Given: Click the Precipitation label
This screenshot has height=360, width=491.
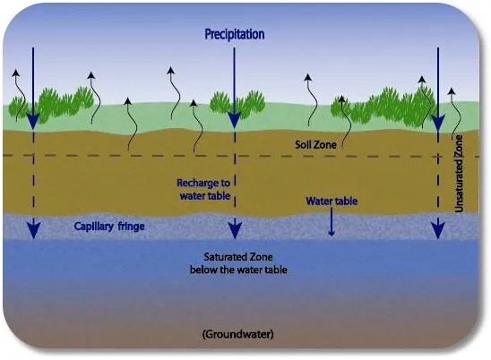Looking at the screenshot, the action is pyautogui.click(x=235, y=34).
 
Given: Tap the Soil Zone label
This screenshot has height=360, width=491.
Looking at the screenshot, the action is pyautogui.click(x=315, y=144).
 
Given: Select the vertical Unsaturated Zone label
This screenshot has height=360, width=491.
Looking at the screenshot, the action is pyautogui.click(x=459, y=174).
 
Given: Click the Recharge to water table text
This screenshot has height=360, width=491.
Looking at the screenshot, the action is pyautogui.click(x=204, y=189).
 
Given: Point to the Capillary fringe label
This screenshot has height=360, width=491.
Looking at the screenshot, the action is pyautogui.click(x=109, y=227).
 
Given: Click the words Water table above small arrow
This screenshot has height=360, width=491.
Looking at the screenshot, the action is pyautogui.click(x=332, y=201).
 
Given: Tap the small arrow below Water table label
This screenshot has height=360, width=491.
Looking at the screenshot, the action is pyautogui.click(x=332, y=221).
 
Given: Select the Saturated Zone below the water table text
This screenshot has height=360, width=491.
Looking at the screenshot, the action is pyautogui.click(x=238, y=263).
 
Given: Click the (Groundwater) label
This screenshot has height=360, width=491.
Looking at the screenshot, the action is pyautogui.click(x=238, y=334).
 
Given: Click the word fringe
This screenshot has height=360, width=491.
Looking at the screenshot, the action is pyautogui.click(x=131, y=227).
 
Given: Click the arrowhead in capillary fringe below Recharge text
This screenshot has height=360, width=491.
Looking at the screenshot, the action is pyautogui.click(x=235, y=230).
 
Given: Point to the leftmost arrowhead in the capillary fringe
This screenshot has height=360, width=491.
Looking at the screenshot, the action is pyautogui.click(x=33, y=230).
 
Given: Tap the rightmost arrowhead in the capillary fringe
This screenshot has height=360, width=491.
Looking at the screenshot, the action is pyautogui.click(x=438, y=230).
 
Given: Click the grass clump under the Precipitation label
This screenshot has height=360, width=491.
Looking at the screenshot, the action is pyautogui.click(x=237, y=104).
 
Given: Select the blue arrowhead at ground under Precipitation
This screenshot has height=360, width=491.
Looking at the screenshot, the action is pyautogui.click(x=234, y=120).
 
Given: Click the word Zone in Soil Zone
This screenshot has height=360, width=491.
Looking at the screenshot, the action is pyautogui.click(x=325, y=144).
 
